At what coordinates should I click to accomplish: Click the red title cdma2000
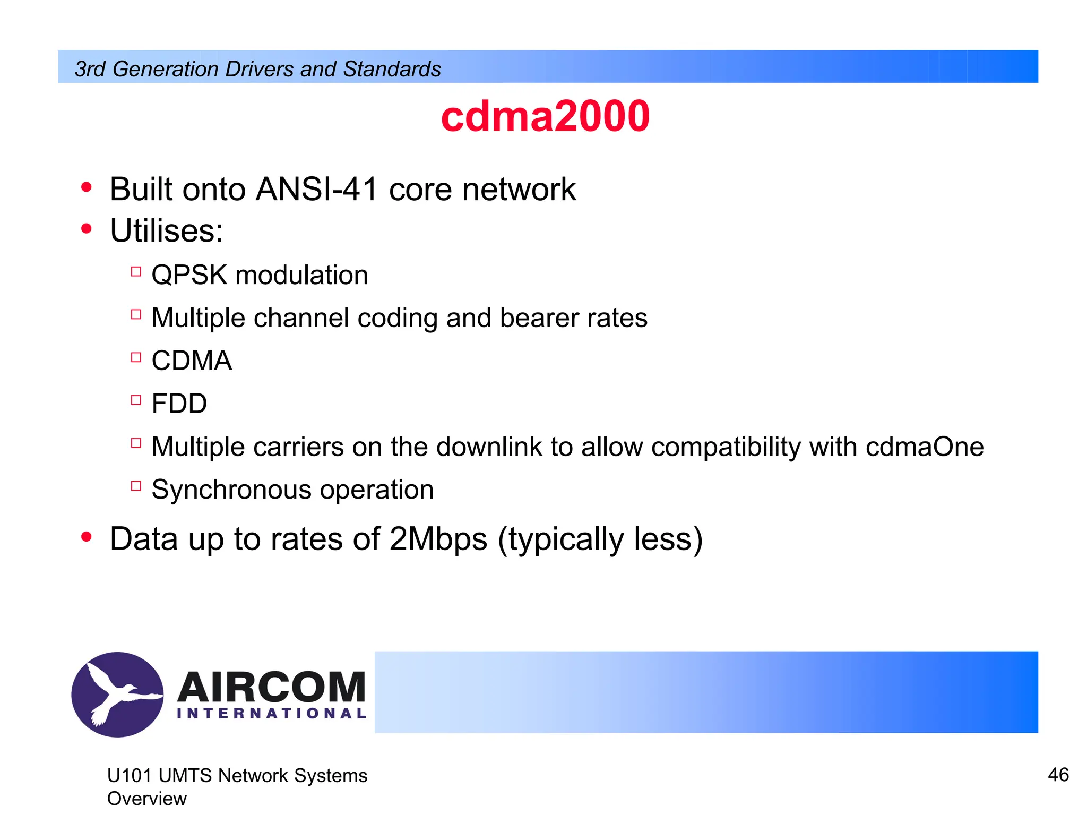pyautogui.click(x=545, y=116)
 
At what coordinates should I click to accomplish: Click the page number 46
pyautogui.click(x=1058, y=775)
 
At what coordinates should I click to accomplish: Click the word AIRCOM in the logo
pyautogui.click(x=271, y=687)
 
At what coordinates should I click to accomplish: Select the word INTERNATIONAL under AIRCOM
pyautogui.click(x=271, y=714)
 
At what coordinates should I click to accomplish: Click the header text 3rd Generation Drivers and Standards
pyautogui.click(x=258, y=69)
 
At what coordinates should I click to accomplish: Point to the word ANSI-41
pyautogui.click(x=316, y=189)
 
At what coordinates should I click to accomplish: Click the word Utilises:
pyautogui.click(x=167, y=231)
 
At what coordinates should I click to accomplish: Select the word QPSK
pyautogui.click(x=189, y=275)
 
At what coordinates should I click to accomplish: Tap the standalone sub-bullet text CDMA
pyautogui.click(x=192, y=361)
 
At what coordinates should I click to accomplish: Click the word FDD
pyautogui.click(x=179, y=404)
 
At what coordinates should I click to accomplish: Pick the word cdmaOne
pyautogui.click(x=925, y=447)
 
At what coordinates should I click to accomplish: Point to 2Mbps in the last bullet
pyautogui.click(x=438, y=539)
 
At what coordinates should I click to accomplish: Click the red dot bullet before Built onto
pyautogui.click(x=87, y=187)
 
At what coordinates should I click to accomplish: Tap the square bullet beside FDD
pyautogui.click(x=136, y=400)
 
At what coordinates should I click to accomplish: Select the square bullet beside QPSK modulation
pyautogui.click(x=136, y=271)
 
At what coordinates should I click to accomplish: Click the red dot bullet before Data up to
pyautogui.click(x=87, y=537)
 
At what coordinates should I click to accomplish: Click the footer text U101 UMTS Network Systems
pyautogui.click(x=237, y=776)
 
